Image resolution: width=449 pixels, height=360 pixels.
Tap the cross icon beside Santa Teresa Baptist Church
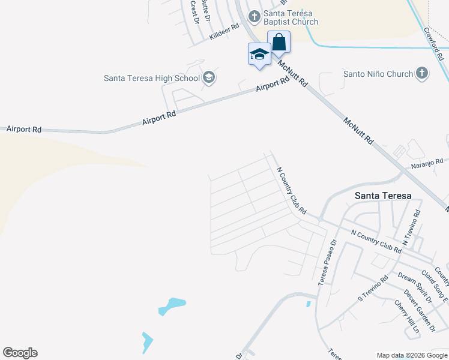(x=254, y=14)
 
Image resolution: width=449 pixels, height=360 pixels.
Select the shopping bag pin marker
(x=279, y=42)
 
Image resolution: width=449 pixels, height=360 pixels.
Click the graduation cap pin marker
(x=259, y=55)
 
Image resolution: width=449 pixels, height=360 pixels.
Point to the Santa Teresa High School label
(x=152, y=77)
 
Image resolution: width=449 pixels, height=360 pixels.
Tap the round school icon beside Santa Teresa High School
(x=209, y=77)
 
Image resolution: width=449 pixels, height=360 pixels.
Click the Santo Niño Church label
(x=378, y=74)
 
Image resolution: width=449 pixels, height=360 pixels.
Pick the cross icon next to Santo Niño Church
(x=422, y=74)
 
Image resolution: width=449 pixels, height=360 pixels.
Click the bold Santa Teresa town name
(x=383, y=196)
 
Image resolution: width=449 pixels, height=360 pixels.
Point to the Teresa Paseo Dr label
(x=327, y=262)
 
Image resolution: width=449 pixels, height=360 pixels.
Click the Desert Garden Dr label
(x=419, y=310)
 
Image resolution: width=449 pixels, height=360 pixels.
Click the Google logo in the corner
(x=20, y=353)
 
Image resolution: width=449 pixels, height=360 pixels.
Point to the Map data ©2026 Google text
(x=412, y=355)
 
